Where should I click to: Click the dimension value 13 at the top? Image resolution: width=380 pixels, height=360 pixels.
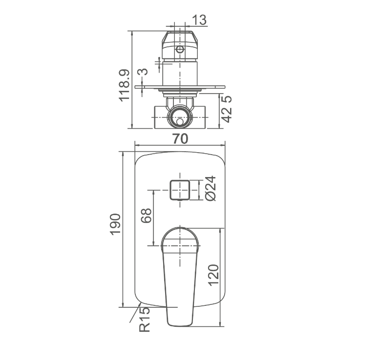(x=199, y=20)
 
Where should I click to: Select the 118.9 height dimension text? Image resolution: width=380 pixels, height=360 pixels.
(x=125, y=85)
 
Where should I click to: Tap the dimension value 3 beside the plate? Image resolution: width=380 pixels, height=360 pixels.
(x=143, y=72)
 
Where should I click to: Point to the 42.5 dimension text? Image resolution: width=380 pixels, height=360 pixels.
(x=227, y=109)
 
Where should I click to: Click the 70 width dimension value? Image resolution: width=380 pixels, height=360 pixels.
(x=180, y=139)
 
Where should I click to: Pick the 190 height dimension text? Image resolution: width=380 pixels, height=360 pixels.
(x=115, y=224)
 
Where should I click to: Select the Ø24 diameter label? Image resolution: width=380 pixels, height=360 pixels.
(x=211, y=188)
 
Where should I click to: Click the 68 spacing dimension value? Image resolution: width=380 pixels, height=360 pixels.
(x=146, y=216)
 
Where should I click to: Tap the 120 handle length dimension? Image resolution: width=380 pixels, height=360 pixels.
(x=214, y=275)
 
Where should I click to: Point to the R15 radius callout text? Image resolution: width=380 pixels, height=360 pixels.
(x=145, y=320)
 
